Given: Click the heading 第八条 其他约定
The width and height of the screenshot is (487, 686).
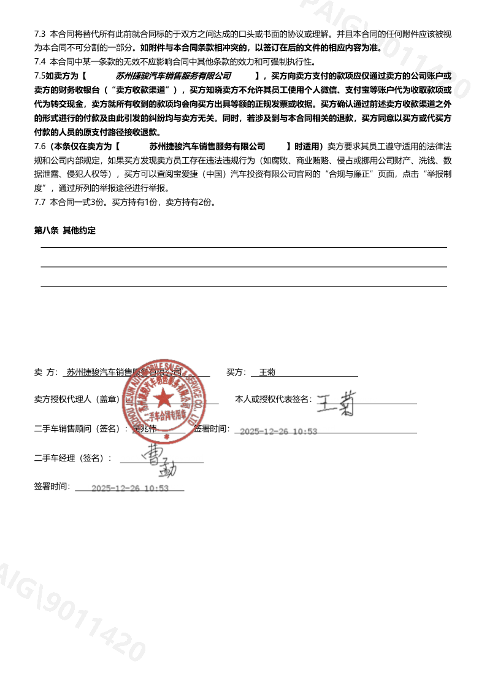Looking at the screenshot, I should (x=64, y=231).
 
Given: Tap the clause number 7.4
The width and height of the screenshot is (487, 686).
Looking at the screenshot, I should (x=40, y=61).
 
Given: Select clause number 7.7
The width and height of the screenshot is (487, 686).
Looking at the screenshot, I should (x=40, y=202).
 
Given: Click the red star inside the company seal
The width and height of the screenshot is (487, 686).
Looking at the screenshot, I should (x=163, y=399).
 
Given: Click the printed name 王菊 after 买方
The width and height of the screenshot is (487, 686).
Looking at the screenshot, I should (x=267, y=372).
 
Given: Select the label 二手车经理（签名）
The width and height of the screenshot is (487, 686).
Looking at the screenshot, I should (x=73, y=458).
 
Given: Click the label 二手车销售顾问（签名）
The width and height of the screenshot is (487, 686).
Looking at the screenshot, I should (x=81, y=429).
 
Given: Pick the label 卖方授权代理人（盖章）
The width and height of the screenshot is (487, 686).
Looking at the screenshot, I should (x=77, y=399).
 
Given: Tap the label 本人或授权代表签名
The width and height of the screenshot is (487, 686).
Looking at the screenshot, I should (x=273, y=399).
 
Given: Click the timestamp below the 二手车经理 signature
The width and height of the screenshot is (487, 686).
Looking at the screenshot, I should (x=129, y=488).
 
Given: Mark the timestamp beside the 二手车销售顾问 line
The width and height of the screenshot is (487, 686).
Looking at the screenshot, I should (x=278, y=431).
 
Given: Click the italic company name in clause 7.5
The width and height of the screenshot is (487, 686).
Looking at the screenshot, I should (x=174, y=75).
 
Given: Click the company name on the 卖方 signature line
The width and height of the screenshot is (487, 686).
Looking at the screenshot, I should (x=125, y=372).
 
